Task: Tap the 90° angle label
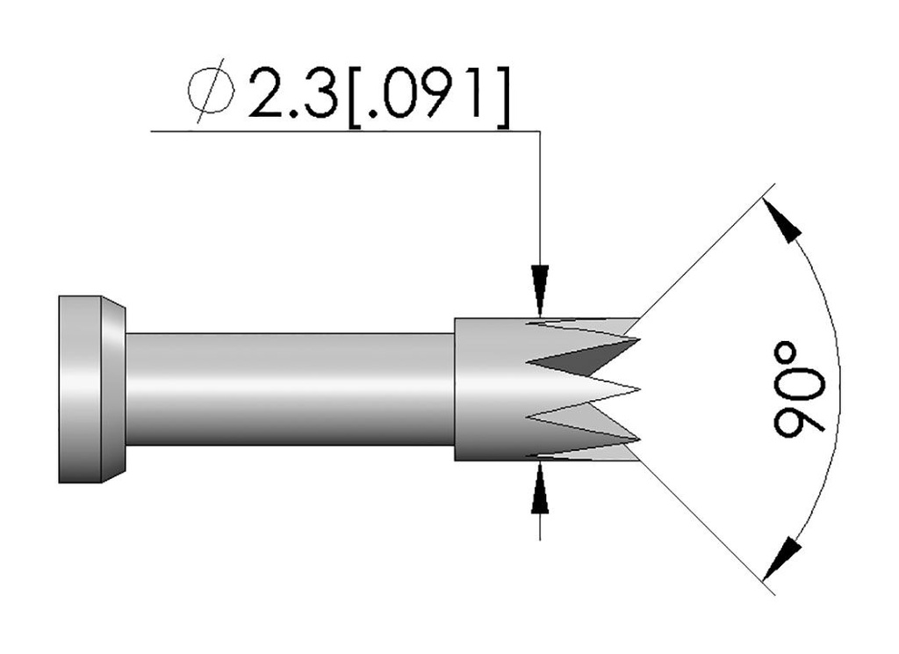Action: pos(799,388)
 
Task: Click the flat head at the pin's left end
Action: pos(80,389)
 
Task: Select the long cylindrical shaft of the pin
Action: pos(290,389)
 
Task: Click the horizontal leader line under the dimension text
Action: pos(342,132)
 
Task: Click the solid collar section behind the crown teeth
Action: pos(487,389)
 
